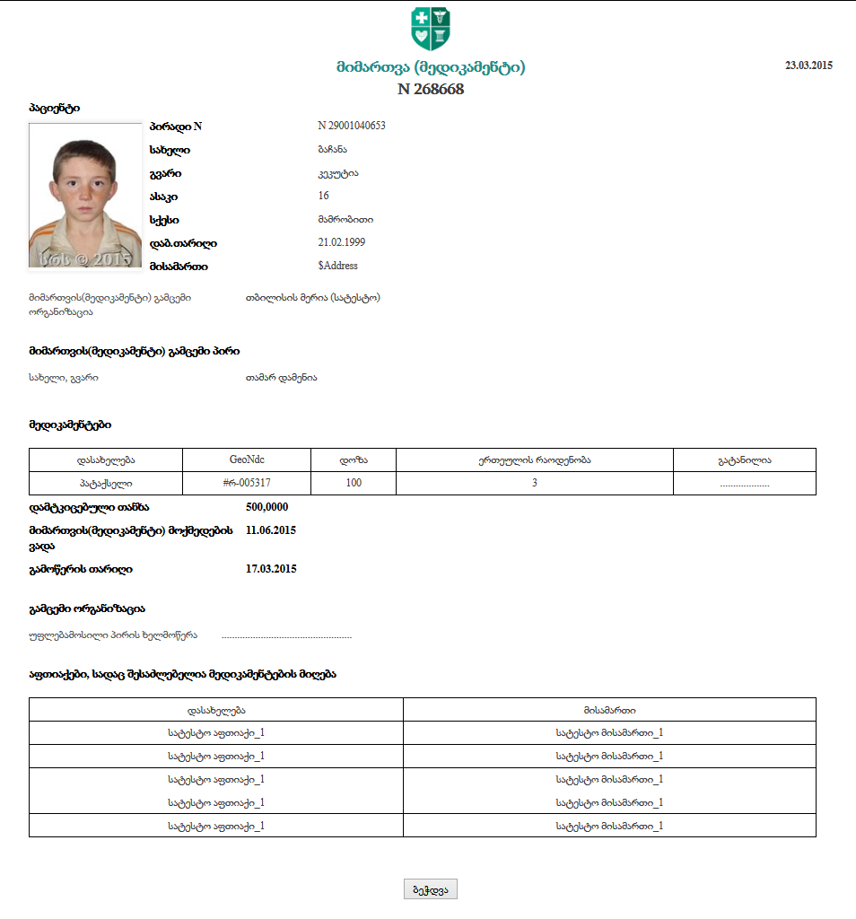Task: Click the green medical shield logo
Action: tap(431, 29)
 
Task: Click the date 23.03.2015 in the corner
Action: tap(808, 66)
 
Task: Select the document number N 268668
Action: tap(431, 89)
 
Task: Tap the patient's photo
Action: tap(85, 196)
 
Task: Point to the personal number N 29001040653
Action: tap(352, 126)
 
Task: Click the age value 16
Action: tap(324, 196)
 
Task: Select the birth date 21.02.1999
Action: tap(342, 242)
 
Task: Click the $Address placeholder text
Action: tap(338, 266)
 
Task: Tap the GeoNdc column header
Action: tap(247, 459)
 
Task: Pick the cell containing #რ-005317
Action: tap(247, 483)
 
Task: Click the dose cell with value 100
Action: tap(354, 483)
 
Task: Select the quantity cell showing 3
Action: tap(535, 483)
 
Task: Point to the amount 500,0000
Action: tap(266, 507)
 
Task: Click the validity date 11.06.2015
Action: tap(271, 530)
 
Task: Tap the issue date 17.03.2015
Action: tap(271, 569)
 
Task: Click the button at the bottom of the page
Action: tap(431, 888)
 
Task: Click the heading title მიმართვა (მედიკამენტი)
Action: tap(431, 67)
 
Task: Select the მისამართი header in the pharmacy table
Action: tap(609, 710)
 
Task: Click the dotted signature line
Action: tap(286, 636)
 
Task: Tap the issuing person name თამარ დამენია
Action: tap(281, 378)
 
